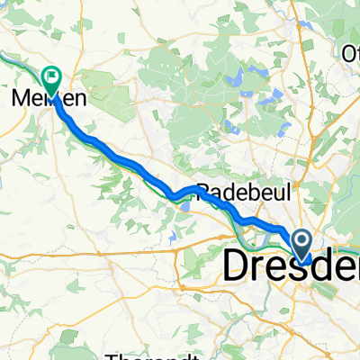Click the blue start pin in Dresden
tap(301, 241)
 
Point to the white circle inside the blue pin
tap(301, 238)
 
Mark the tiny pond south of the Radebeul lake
tap(170, 238)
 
